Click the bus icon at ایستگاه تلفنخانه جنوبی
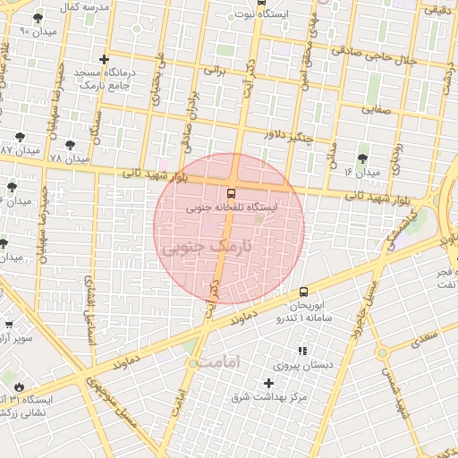(x=232, y=193)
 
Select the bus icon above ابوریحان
(x=304, y=292)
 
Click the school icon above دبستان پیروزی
(x=302, y=351)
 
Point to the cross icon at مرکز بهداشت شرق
(x=268, y=383)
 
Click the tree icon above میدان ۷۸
(x=70, y=143)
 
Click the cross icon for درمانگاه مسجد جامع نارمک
(x=105, y=59)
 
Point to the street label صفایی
(x=377, y=110)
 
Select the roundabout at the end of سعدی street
(x=383, y=353)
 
